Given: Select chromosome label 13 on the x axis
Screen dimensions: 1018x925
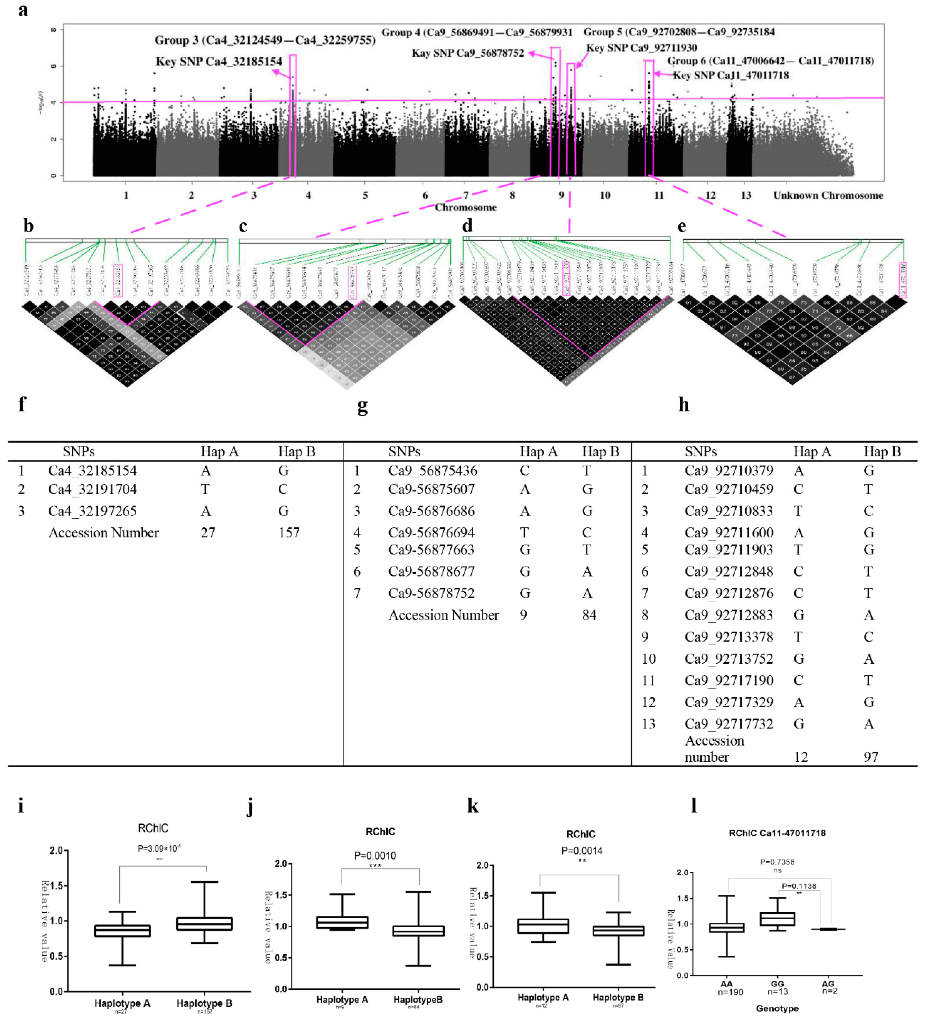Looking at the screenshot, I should click(x=746, y=195).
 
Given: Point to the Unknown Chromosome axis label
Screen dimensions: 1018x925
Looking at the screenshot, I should click(x=828, y=195).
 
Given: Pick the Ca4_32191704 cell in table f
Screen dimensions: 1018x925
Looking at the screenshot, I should click(x=92, y=489).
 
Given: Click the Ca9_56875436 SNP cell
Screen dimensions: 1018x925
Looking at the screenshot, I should click(x=433, y=471).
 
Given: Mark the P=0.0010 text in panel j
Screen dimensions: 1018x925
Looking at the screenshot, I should click(x=375, y=855).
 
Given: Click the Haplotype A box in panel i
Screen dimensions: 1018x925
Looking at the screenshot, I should click(x=122, y=931).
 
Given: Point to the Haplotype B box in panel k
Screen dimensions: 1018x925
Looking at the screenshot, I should click(x=618, y=931).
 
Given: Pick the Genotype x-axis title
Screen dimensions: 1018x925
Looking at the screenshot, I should click(x=777, y=1008).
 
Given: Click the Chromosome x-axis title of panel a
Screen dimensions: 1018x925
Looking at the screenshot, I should click(x=466, y=207).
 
